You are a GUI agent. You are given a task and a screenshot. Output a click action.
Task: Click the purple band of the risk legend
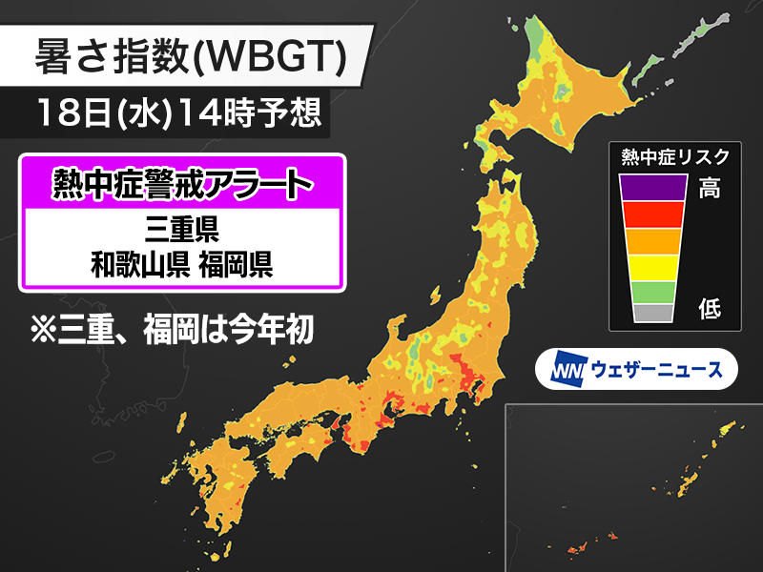tap(652, 187)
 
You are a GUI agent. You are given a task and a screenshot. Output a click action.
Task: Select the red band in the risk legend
tap(652, 214)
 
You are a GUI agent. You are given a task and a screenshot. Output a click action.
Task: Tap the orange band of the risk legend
tap(652, 240)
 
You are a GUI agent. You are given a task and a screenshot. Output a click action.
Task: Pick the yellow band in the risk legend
tap(652, 266)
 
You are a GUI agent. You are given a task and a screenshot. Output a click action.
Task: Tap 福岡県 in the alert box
tap(236, 262)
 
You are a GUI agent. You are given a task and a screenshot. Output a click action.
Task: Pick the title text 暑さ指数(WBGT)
tap(189, 58)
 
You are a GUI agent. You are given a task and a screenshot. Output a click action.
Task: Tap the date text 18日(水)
tap(113, 114)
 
